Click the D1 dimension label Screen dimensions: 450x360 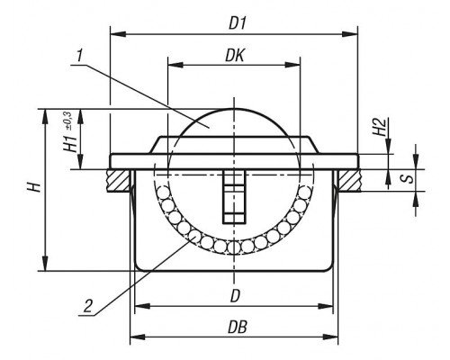(238, 23)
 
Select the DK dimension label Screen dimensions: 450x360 (235, 56)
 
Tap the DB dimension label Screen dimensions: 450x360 (238, 327)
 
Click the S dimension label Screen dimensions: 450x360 (408, 179)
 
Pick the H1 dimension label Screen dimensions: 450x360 (71, 143)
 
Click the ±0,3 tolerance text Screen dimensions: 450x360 (67, 121)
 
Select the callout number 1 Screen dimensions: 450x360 (79, 57)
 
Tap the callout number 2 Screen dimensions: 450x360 (87, 307)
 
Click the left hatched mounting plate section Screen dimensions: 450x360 (119, 181)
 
